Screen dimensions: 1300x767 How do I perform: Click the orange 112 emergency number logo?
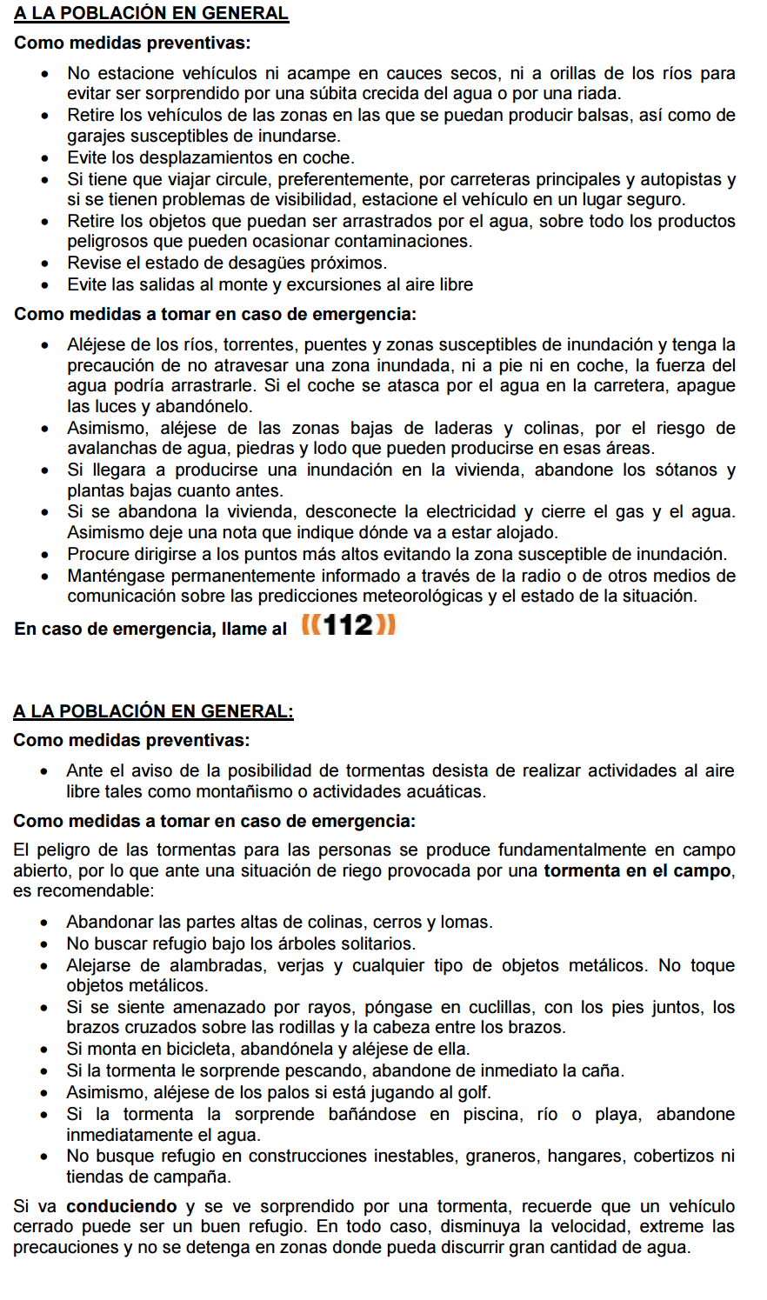tap(348, 625)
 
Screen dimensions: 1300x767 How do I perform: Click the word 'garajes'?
tap(96, 137)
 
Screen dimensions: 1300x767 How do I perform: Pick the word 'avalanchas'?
tap(107, 449)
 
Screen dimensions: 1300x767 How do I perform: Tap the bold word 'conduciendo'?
tap(121, 1206)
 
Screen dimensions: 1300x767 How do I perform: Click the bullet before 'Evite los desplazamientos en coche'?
tap(45, 159)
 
